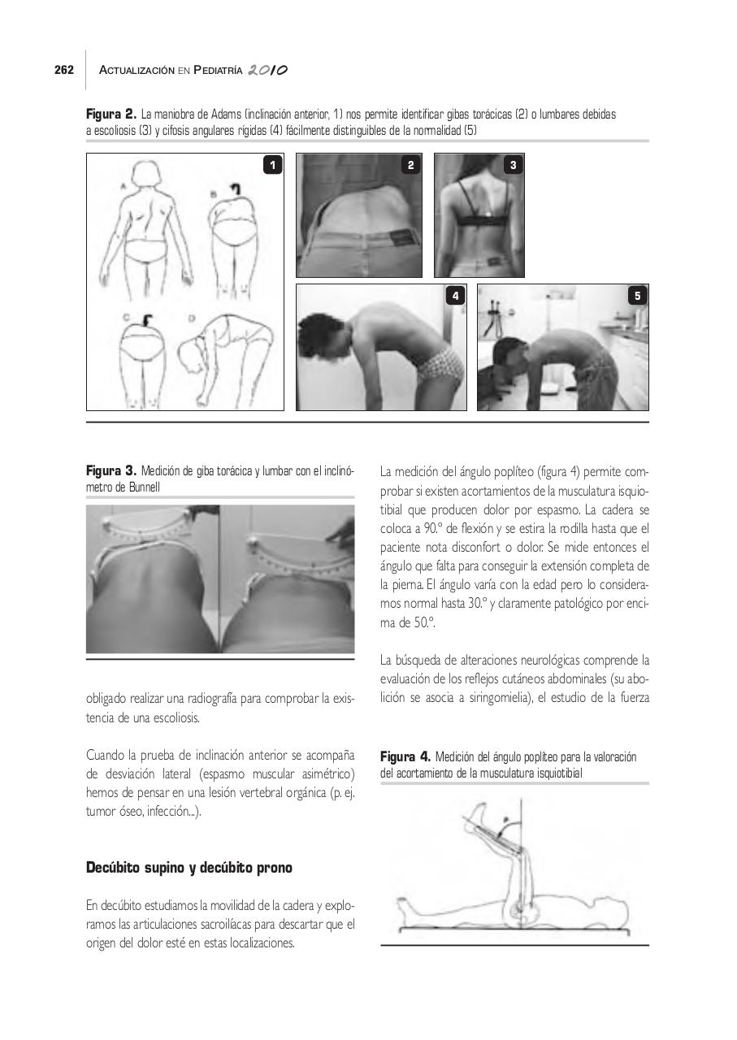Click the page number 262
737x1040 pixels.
(x=64, y=71)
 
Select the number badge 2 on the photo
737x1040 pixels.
(x=410, y=166)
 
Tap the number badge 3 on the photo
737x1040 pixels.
(x=513, y=166)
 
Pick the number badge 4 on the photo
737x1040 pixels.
(x=455, y=297)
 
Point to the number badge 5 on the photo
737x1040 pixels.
(x=637, y=297)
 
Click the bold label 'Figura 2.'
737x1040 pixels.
(x=111, y=115)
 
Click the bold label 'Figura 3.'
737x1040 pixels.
(x=111, y=471)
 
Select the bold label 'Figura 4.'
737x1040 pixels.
(x=405, y=757)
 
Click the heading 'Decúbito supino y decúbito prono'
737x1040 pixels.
(x=189, y=868)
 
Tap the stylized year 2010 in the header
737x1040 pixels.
(x=271, y=71)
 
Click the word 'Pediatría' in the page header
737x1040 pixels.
(x=219, y=71)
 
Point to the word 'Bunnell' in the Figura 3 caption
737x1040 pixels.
(x=143, y=487)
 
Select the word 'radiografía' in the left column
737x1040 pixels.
(x=232, y=699)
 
